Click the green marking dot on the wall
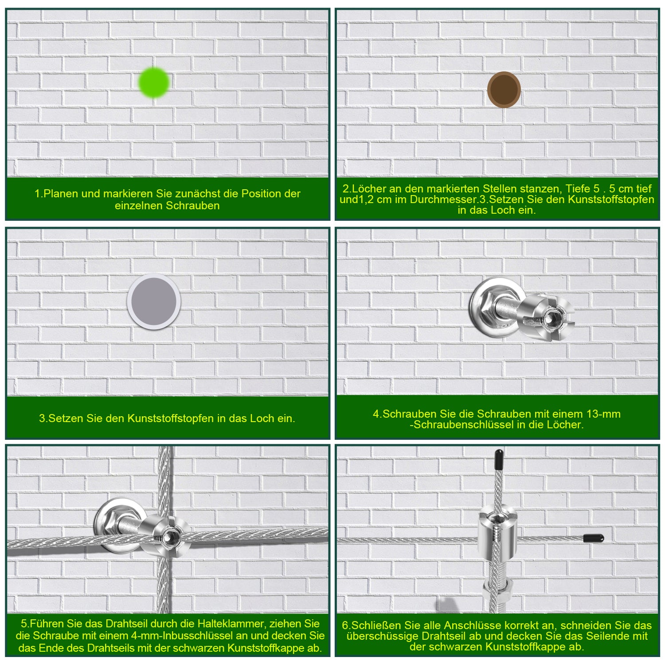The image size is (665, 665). pyautogui.click(x=154, y=82)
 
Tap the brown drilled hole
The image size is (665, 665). pyautogui.click(x=504, y=90)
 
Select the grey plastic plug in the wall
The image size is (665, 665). pyautogui.click(x=154, y=301)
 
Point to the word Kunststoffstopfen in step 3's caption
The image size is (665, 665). pyautogui.click(x=171, y=418)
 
